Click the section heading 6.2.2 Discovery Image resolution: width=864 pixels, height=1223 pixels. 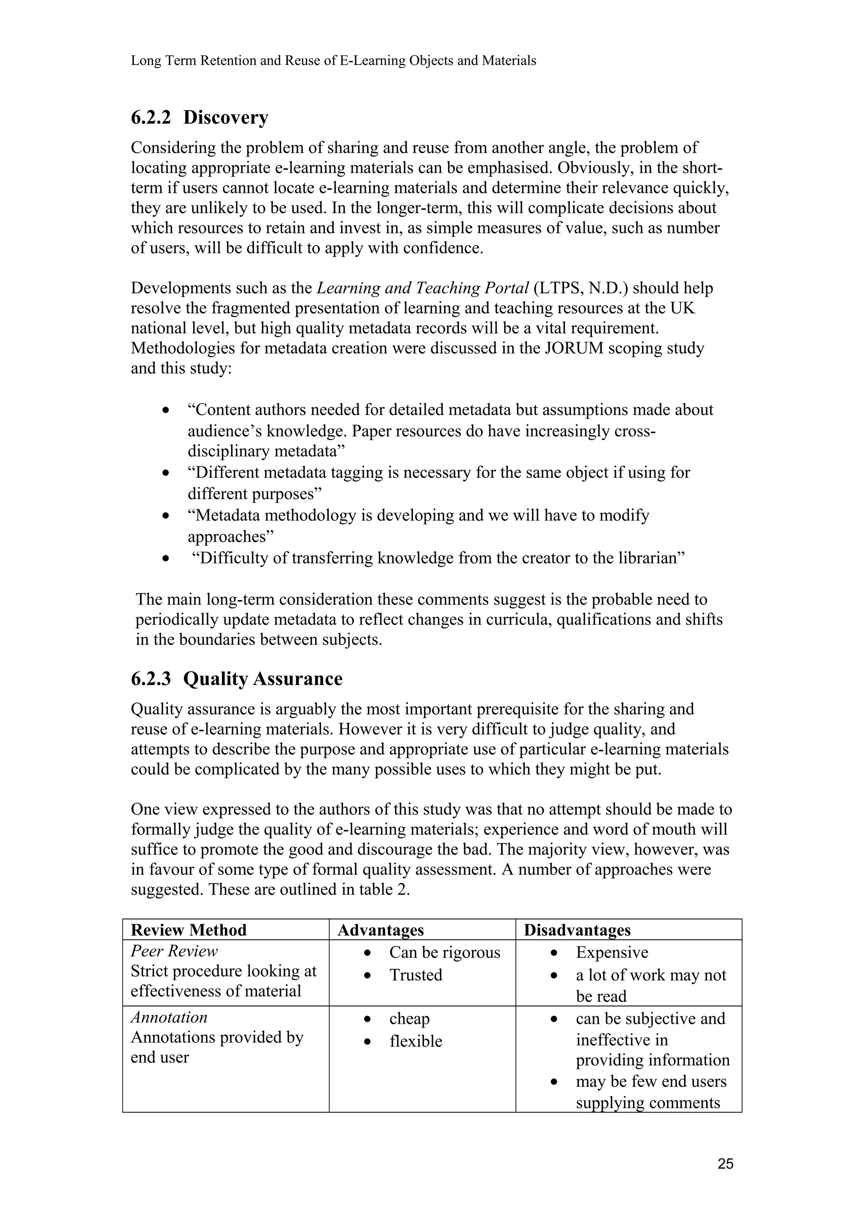coord(200,118)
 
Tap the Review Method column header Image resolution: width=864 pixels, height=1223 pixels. coord(189,930)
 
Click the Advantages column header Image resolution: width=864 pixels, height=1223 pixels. coord(381,930)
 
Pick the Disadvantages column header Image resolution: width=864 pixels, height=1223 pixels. coord(577,930)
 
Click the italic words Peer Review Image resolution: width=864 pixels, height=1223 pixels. coord(174,951)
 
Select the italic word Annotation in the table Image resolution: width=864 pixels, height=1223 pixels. coord(169,1017)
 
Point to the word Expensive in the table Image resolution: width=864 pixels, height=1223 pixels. coord(612,952)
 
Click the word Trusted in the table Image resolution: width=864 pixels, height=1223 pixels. coord(416,975)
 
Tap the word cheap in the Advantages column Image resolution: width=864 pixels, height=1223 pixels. coord(409,1018)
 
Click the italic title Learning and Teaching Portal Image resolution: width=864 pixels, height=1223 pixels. coord(423,288)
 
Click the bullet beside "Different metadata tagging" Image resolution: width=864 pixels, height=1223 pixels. coord(167,473)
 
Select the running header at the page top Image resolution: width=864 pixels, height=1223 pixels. coord(333,61)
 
